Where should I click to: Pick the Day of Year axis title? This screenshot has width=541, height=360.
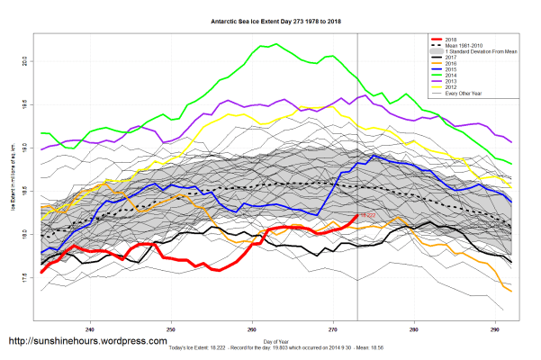pyautogui.click(x=276, y=343)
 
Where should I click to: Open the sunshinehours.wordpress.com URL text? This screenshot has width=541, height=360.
pyautogui.click(x=87, y=342)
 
